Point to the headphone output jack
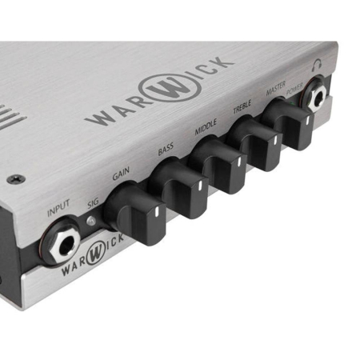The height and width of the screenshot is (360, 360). [315, 94]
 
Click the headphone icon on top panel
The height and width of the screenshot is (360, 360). [318, 64]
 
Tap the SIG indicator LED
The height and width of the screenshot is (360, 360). [91, 221]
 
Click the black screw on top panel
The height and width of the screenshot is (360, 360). [16, 178]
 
